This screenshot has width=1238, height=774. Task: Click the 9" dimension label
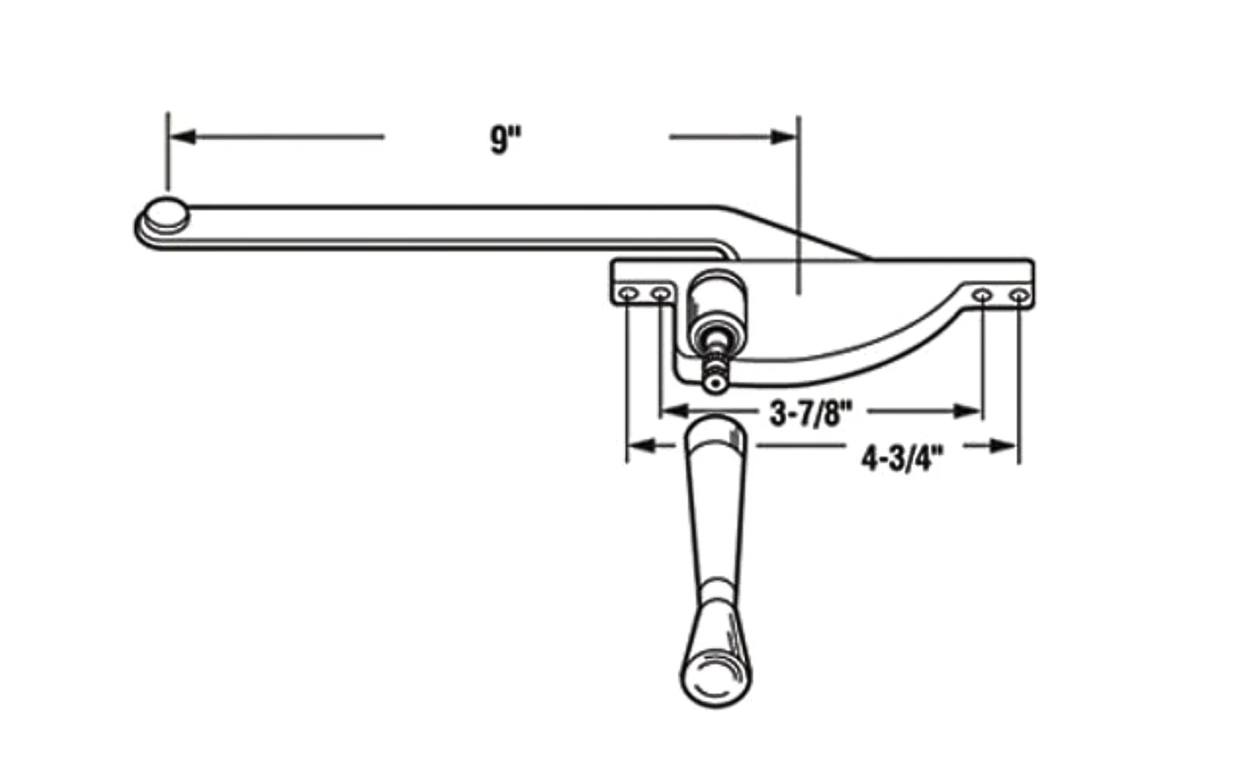coord(506,139)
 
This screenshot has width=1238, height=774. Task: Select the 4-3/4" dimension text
coord(902,458)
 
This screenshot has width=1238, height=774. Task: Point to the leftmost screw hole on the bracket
coord(629,293)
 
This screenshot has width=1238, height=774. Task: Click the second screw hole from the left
coord(660,293)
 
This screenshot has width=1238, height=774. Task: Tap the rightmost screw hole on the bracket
coord(1019,296)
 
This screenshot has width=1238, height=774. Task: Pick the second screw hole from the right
coord(982,295)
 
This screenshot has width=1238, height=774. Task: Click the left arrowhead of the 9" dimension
coord(183,136)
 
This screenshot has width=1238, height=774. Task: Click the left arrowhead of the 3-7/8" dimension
coord(674,411)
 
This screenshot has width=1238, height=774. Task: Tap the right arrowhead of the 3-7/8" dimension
coord(968,411)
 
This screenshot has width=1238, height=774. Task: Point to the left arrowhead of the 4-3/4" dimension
coord(642,446)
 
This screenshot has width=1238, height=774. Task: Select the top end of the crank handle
coord(714,426)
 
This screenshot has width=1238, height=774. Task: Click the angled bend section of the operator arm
coord(796,232)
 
